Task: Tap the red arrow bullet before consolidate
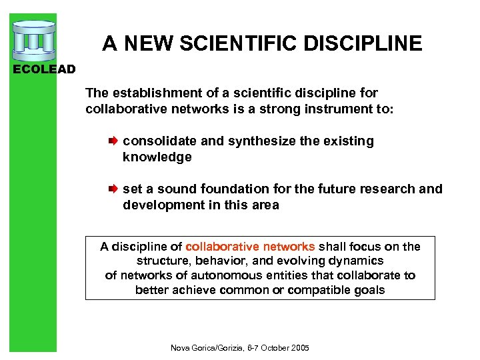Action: (113, 141)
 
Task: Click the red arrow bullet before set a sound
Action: (113, 189)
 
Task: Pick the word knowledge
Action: (157, 157)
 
